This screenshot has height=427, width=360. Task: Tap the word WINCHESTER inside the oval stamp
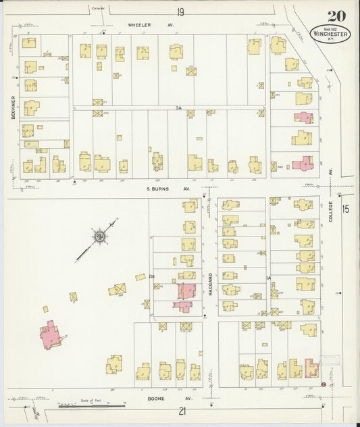pos(330,32)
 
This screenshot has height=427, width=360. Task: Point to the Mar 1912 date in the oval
pos(330,26)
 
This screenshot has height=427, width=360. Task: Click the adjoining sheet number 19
pos(180,12)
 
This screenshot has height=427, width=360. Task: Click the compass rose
pos(100,236)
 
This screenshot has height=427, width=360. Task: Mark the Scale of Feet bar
pos(91,405)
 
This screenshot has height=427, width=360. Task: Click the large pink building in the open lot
pos(50,335)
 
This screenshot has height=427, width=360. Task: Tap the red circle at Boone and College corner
pos(324,384)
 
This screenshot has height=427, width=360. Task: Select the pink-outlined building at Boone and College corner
pos(311,368)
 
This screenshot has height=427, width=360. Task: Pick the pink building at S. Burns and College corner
pos(303,164)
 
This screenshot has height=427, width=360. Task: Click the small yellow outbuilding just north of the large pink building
pos(46,309)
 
